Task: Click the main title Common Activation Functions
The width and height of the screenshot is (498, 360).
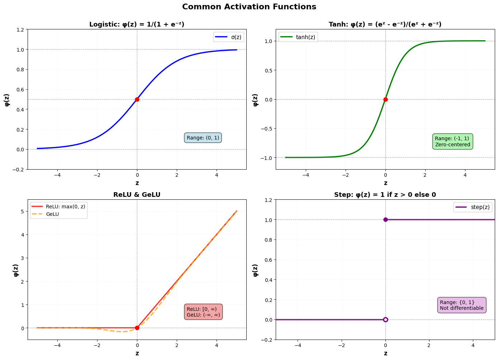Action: coord(249,7)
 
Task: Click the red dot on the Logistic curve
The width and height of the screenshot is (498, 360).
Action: coord(137,99)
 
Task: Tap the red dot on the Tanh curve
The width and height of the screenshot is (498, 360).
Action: coord(385,99)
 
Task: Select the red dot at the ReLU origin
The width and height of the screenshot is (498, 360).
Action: coord(137,328)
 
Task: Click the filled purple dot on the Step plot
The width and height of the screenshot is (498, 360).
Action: coord(385,219)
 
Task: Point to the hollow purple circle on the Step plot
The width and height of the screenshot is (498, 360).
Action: coord(385,319)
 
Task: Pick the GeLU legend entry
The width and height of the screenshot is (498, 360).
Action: coord(52,214)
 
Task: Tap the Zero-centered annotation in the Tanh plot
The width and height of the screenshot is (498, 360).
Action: coord(452,145)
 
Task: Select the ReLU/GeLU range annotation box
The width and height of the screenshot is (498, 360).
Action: coord(203,312)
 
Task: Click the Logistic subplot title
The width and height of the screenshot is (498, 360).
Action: coord(137,24)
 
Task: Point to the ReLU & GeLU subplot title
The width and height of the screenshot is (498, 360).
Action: coord(137,195)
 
